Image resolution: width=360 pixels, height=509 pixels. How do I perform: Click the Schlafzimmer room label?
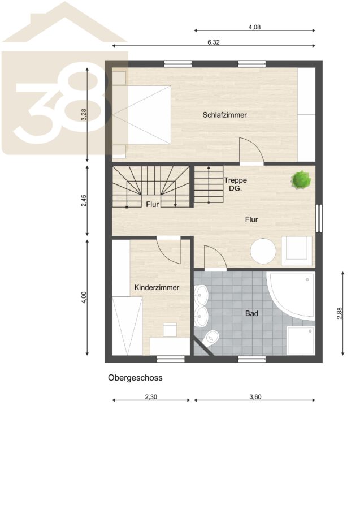point(225,115)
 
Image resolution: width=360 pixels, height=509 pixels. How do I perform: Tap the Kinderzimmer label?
point(157,288)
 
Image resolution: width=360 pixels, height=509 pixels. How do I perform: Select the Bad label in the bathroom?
point(251,313)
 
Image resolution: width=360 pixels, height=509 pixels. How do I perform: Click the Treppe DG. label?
point(236,184)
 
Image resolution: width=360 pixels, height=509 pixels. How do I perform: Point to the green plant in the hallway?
point(301,179)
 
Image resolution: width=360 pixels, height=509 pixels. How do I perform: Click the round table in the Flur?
point(263,251)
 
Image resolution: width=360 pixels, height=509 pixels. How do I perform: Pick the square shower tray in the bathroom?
point(301,340)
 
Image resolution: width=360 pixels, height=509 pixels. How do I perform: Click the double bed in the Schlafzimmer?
point(142,115)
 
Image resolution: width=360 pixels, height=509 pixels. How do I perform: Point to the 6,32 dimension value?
point(214,42)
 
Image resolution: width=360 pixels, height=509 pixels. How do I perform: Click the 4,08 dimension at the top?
point(254,27)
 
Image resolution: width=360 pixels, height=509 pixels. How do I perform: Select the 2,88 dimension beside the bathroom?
point(340,313)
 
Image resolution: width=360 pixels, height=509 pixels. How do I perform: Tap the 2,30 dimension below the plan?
point(151,396)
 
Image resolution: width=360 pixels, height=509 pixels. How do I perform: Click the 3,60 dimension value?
point(255,396)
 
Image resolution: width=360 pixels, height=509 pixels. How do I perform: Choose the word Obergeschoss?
point(135,378)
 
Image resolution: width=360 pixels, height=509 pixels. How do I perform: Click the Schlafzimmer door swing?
point(251,150)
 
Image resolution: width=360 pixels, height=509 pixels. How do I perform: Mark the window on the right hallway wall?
point(319,218)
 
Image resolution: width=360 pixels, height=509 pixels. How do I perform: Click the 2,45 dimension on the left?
point(84,200)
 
